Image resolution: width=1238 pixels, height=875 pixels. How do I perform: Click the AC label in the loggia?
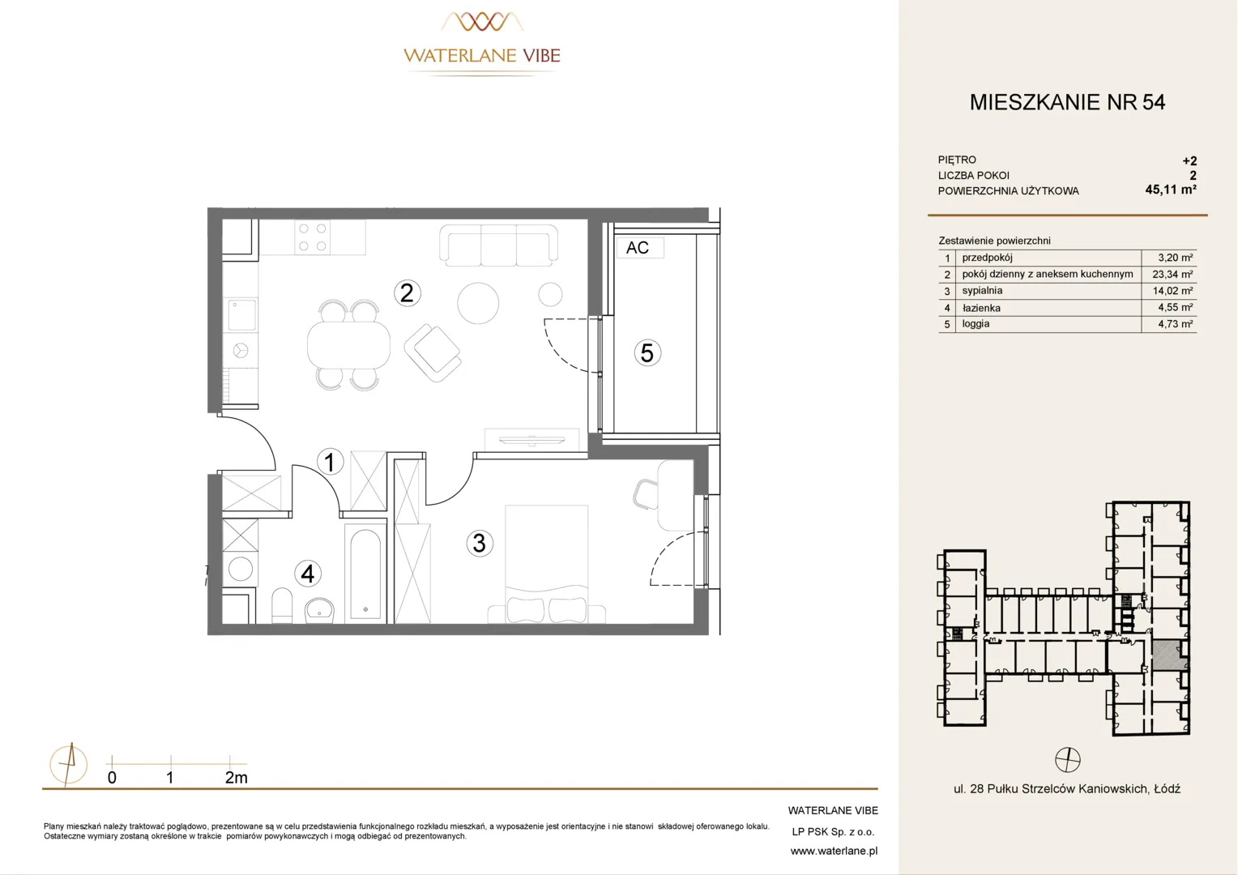click(x=638, y=248)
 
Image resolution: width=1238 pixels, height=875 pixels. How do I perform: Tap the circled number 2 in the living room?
click(x=408, y=293)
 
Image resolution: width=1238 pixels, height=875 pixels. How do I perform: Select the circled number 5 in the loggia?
click(x=647, y=352)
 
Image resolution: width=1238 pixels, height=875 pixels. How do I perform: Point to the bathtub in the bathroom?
click(x=365, y=574)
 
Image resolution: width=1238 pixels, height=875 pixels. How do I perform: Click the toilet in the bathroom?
click(x=282, y=605)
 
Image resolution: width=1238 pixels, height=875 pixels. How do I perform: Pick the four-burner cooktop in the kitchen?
click(x=312, y=237)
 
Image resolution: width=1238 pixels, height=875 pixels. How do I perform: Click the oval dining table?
click(x=348, y=345)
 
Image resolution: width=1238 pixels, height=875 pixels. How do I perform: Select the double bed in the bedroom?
click(x=546, y=564)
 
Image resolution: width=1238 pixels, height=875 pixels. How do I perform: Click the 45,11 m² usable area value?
click(x=1171, y=190)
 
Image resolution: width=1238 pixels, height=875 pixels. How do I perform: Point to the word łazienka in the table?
click(x=981, y=308)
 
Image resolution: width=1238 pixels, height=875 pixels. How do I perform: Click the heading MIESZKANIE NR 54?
click(x=1067, y=102)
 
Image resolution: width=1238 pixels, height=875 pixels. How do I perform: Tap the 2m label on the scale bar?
click(x=236, y=778)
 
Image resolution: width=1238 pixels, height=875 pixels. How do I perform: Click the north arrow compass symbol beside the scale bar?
click(x=69, y=765)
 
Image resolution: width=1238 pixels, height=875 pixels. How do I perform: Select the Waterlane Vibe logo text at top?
click(x=482, y=55)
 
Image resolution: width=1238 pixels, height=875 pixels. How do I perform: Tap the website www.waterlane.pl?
click(x=834, y=852)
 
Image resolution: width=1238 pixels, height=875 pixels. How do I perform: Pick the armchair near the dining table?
click(x=433, y=352)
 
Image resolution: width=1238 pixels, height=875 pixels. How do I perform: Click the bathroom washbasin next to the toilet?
click(x=319, y=610)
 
